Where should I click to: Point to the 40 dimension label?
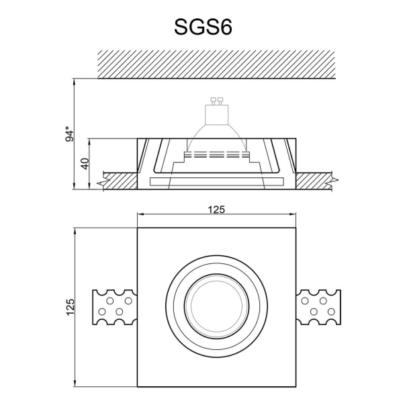click(85, 165)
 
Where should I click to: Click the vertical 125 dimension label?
click(69, 307)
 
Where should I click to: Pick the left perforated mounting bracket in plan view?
click(114, 307)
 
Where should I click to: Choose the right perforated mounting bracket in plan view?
click(318, 307)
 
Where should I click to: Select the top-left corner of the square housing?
click(138, 228)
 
